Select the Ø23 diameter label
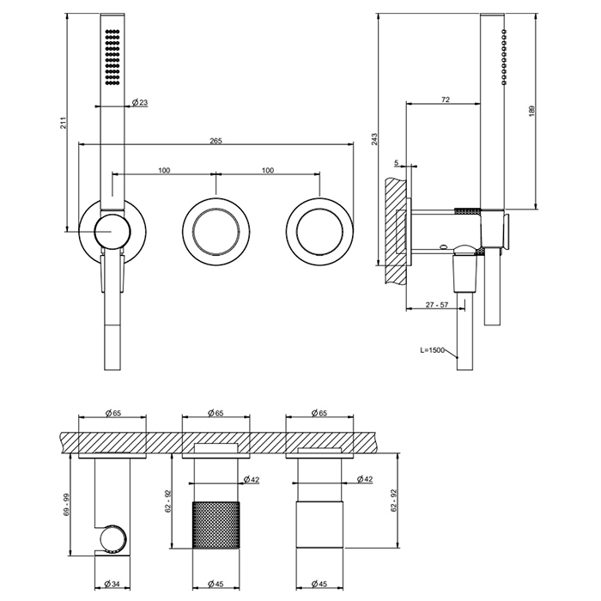coord(140,103)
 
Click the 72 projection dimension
coord(445,100)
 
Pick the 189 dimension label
coord(532,111)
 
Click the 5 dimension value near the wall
coord(397,161)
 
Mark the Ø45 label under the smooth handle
coord(318,585)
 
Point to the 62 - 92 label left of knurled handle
coord(167,501)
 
